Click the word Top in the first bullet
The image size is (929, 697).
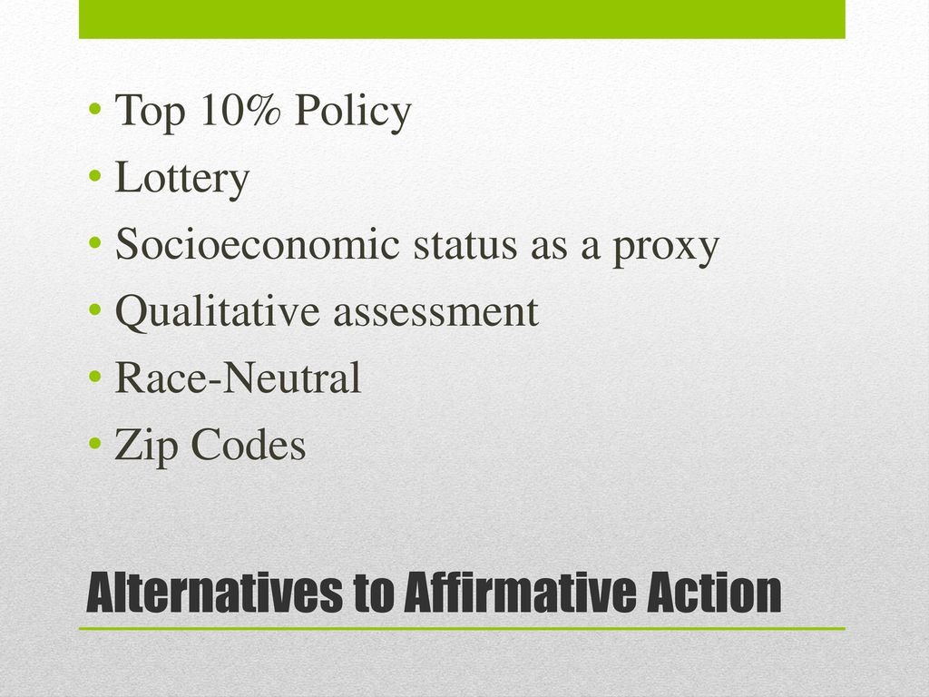point(150,113)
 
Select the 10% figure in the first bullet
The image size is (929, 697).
point(240,110)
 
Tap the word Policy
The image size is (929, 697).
point(353,112)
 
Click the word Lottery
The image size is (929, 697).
point(181,179)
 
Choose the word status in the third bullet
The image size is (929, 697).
point(465,246)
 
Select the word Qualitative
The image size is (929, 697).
point(217,312)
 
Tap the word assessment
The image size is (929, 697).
point(435,313)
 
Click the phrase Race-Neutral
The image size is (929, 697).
point(238,378)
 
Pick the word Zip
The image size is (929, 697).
point(146,447)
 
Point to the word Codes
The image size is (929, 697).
point(249,445)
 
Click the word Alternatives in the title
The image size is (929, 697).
point(214,594)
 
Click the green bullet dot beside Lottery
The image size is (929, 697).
point(94,176)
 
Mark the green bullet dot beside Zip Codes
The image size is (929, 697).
point(94,443)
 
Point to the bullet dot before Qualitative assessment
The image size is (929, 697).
point(94,309)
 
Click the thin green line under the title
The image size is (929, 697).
point(462,628)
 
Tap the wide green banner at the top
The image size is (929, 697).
point(462,19)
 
